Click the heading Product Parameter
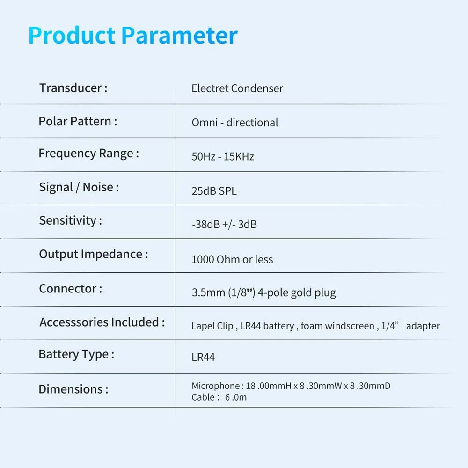coord(133,36)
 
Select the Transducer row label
coord(73,88)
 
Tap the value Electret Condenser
coord(237,88)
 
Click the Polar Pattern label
coord(78,122)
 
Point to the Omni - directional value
coord(235,122)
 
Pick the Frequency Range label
coord(89,154)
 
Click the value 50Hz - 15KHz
coord(223,156)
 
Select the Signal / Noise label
coord(79,188)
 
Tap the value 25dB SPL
coord(214,191)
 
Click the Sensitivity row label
coord(71,221)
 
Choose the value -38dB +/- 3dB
coord(224,225)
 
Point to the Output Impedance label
coord(94,255)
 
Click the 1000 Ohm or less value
coord(232,259)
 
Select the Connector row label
coord(71,289)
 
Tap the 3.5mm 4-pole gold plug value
coord(264,293)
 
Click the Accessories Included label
coord(102,322)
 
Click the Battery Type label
coord(76,355)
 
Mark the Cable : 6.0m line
coord(219,397)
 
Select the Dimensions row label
coord(73,389)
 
